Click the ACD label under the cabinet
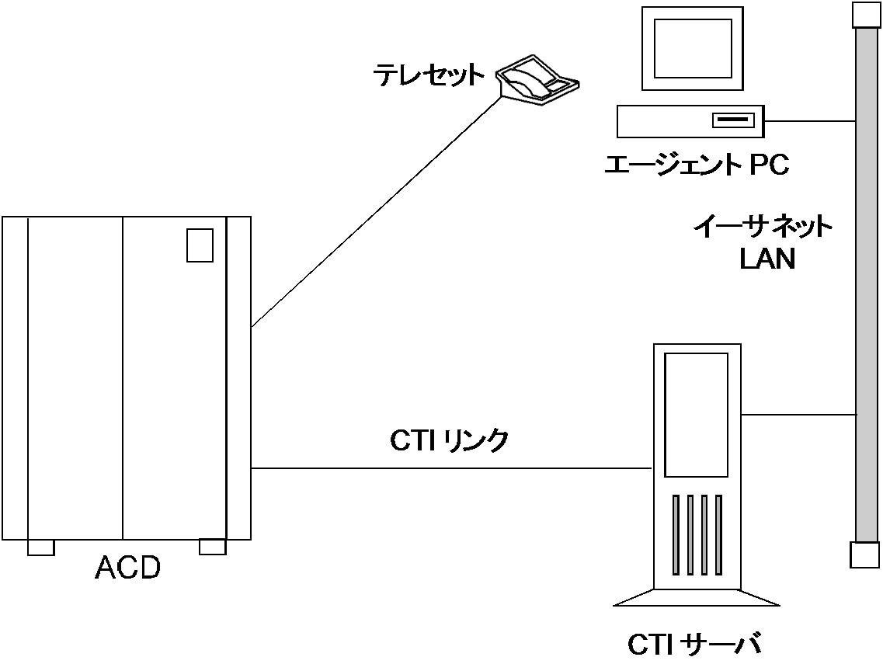pyautogui.click(x=127, y=568)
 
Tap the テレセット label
pyautogui.click(x=428, y=75)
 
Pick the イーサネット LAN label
pyautogui.click(x=763, y=242)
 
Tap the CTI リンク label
pyautogui.click(x=450, y=440)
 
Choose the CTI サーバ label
pyautogui.click(x=694, y=646)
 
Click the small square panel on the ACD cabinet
pyautogui.click(x=200, y=245)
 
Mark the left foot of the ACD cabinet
pyautogui.click(x=40, y=548)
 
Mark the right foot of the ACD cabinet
pyautogui.click(x=212, y=547)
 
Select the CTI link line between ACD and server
pyautogui.click(x=450, y=468)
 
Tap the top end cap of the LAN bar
pyautogui.click(x=865, y=15)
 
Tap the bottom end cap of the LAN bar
pyautogui.click(x=864, y=555)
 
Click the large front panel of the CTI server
pyautogui.click(x=697, y=415)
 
